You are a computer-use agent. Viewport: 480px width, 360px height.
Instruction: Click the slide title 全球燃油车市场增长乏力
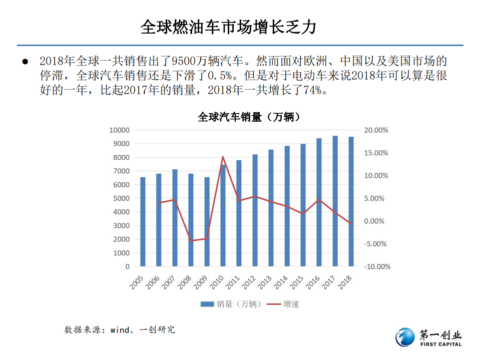click(x=228, y=27)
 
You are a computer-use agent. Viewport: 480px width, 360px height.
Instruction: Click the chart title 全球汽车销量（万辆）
click(x=249, y=117)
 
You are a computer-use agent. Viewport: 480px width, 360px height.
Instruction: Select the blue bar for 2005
click(x=143, y=221)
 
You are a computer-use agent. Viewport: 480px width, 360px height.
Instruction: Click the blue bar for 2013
click(x=271, y=208)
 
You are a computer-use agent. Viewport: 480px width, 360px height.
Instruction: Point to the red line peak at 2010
click(x=223, y=157)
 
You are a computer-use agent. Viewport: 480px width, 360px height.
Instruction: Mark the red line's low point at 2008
click(x=191, y=241)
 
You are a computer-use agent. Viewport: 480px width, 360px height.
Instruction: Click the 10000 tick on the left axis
click(x=119, y=130)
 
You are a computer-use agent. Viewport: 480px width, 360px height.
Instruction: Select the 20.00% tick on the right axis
click(x=376, y=130)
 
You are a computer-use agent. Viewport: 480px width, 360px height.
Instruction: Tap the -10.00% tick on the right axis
click(x=377, y=267)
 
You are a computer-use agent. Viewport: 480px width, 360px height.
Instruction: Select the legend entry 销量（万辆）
click(x=231, y=304)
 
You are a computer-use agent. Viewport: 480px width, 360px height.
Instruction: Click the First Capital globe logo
click(x=405, y=337)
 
